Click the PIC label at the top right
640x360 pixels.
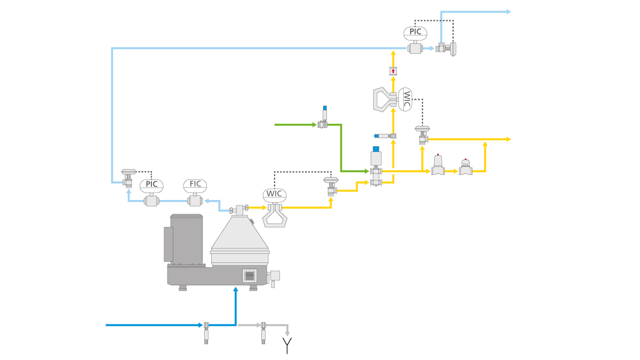(x=415, y=32)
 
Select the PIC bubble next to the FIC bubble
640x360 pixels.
(x=151, y=185)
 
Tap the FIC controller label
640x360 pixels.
(x=195, y=185)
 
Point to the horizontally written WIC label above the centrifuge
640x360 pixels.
(x=275, y=194)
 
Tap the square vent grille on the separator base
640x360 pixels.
(x=250, y=275)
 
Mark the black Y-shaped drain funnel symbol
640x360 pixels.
(x=287, y=345)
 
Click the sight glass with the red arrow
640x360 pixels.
(x=393, y=71)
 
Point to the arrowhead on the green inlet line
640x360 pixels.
(x=314, y=125)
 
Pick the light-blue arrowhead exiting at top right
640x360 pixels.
(x=508, y=12)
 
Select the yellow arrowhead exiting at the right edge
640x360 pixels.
(x=508, y=139)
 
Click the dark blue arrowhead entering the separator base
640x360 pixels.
(x=236, y=290)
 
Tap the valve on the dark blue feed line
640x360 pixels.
(x=206, y=326)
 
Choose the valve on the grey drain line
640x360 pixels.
(x=263, y=326)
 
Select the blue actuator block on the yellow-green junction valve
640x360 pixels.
(x=376, y=148)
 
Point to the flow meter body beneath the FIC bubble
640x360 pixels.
(x=195, y=201)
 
